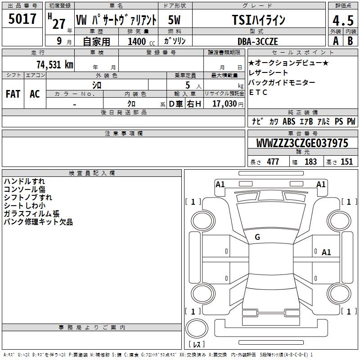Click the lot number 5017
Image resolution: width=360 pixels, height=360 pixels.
(22, 19)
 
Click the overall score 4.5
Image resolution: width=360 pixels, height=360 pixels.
(343, 21)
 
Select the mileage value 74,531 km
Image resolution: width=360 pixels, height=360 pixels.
(55, 65)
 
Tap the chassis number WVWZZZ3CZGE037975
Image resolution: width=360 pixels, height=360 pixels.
(302, 143)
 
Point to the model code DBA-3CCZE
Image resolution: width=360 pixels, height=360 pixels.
(258, 41)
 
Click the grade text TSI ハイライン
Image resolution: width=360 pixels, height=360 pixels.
(258, 20)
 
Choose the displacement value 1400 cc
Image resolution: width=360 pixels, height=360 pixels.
(141, 41)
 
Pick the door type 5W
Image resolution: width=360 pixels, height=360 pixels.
(174, 20)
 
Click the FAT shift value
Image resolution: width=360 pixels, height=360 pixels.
(13, 94)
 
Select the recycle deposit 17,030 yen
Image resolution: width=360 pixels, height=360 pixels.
(228, 104)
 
